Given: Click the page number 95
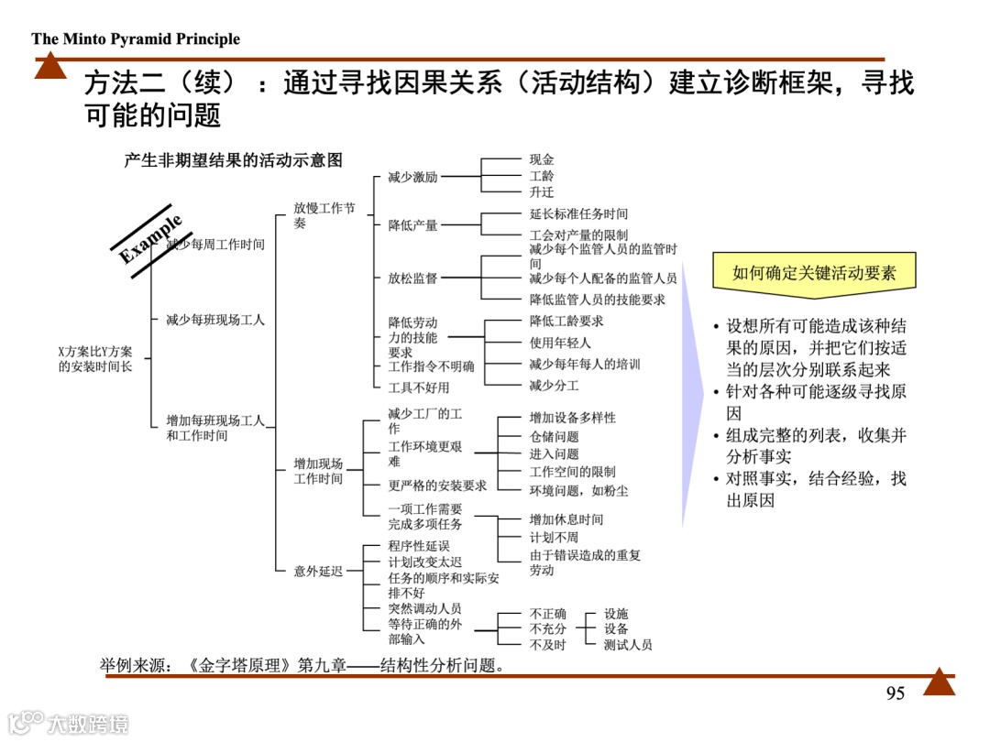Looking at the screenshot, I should tap(896, 693).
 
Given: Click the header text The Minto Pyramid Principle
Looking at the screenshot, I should tap(136, 38).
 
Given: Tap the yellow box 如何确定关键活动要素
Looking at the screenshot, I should tap(814, 272).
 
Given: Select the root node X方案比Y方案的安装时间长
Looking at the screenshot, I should tap(95, 359).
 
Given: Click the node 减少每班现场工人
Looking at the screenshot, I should tap(215, 320).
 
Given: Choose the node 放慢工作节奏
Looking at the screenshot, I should tap(324, 216).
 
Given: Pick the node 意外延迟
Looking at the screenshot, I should tap(318, 572).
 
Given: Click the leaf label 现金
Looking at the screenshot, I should tap(542, 159).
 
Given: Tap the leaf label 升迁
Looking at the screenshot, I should tap(542, 192).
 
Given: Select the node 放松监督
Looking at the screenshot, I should tap(412, 278).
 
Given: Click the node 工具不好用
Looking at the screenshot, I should tap(419, 387).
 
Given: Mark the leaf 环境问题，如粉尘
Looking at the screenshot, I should tap(578, 490).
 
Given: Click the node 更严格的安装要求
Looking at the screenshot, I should tap(437, 486).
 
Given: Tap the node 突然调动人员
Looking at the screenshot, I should tap(424, 608).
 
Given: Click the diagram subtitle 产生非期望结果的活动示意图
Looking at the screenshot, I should tap(233, 160).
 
